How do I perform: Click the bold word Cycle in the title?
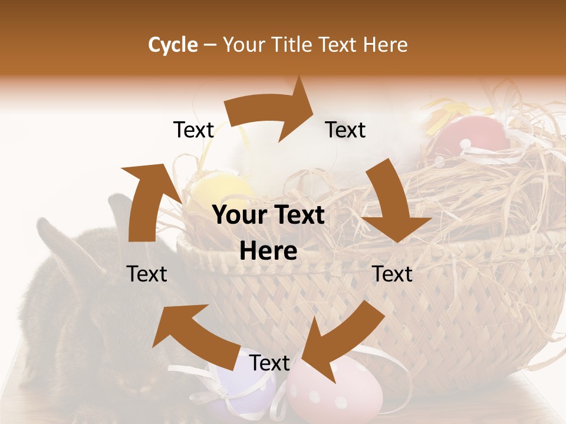tap(173, 45)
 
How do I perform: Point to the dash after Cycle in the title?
tap(210, 45)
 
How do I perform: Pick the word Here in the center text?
tap(268, 251)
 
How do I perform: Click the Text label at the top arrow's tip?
tap(345, 130)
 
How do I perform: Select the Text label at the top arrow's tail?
tap(193, 130)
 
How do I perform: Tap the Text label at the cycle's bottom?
tap(269, 363)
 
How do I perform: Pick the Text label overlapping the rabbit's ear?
tap(147, 274)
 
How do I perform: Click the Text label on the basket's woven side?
tap(392, 274)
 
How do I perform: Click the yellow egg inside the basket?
tap(221, 188)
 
